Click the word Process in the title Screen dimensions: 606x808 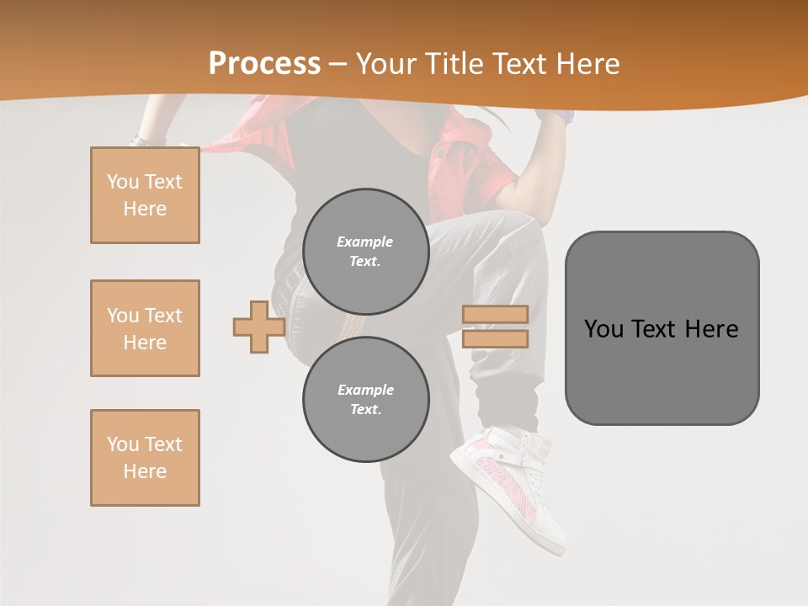click(x=264, y=64)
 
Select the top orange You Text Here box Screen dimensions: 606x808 click(x=145, y=195)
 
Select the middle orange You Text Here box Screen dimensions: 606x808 click(x=145, y=328)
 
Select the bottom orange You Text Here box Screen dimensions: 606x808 click(x=145, y=458)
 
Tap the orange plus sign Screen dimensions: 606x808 click(x=258, y=327)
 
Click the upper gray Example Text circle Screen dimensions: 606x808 click(x=365, y=251)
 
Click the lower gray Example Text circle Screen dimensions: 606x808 click(x=365, y=399)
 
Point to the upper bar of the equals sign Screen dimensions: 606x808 click(x=495, y=315)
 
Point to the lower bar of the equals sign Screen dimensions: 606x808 click(x=495, y=339)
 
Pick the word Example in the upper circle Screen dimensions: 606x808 click(x=365, y=242)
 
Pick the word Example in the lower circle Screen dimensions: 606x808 click(x=365, y=390)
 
